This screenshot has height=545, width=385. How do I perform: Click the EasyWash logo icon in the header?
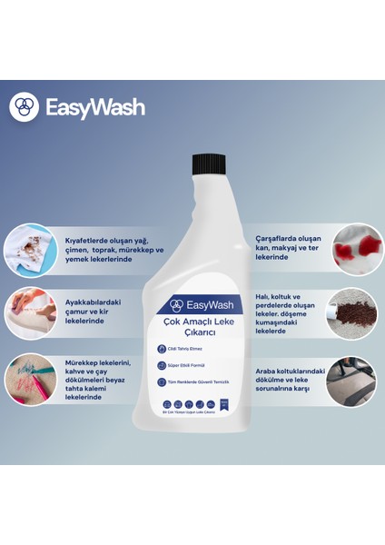(24, 106)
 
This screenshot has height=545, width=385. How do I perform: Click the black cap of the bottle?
(209, 165)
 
